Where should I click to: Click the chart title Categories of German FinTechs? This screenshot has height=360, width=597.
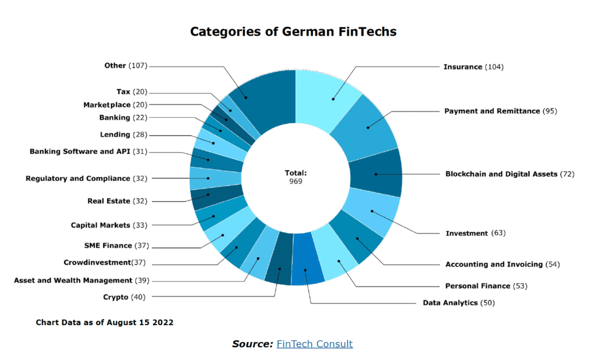[293, 32]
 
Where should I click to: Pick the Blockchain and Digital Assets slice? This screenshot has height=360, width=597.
[376, 173]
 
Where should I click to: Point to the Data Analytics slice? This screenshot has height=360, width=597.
[308, 271]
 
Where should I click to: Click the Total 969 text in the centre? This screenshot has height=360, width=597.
[296, 177]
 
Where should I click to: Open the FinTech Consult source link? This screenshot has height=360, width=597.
[314, 344]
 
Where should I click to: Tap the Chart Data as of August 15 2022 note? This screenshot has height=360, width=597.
[104, 322]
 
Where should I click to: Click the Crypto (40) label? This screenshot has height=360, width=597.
[124, 296]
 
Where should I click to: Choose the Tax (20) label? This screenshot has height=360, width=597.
[132, 92]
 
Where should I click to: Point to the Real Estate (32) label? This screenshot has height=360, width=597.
[117, 201]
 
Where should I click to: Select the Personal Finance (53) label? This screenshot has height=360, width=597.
[486, 286]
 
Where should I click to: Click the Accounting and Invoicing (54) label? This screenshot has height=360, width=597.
[502, 264]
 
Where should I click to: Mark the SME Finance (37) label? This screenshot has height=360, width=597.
[117, 246]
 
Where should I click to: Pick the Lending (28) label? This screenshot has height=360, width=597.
[124, 135]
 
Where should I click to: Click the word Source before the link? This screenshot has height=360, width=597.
[252, 344]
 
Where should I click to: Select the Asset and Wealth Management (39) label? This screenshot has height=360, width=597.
[81, 280]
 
